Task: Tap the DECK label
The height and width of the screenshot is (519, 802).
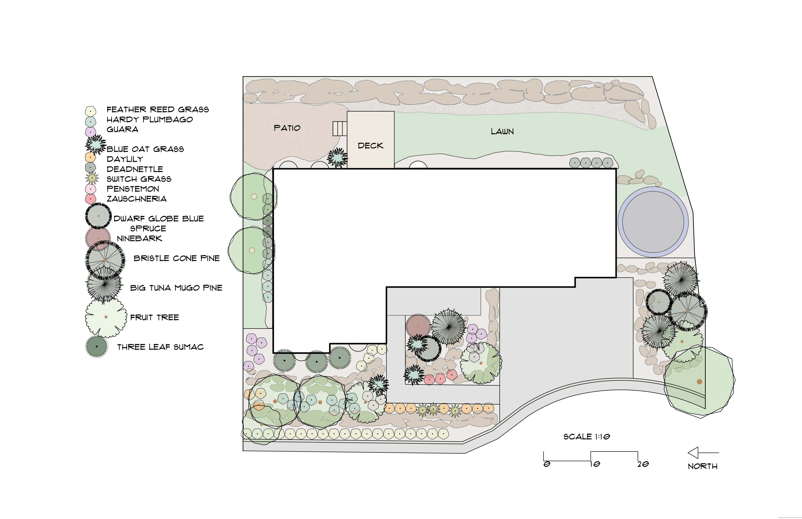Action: pos(370,146)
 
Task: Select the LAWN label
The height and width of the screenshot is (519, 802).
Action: pos(502,131)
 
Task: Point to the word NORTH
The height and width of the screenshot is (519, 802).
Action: pos(703,466)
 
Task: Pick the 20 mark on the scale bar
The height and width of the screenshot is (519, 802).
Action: pos(643,464)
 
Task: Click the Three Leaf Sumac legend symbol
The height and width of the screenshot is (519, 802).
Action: pos(97,346)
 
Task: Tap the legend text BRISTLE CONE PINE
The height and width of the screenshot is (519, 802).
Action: pos(177,259)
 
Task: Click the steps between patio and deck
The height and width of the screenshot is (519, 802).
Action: pos(340,128)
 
